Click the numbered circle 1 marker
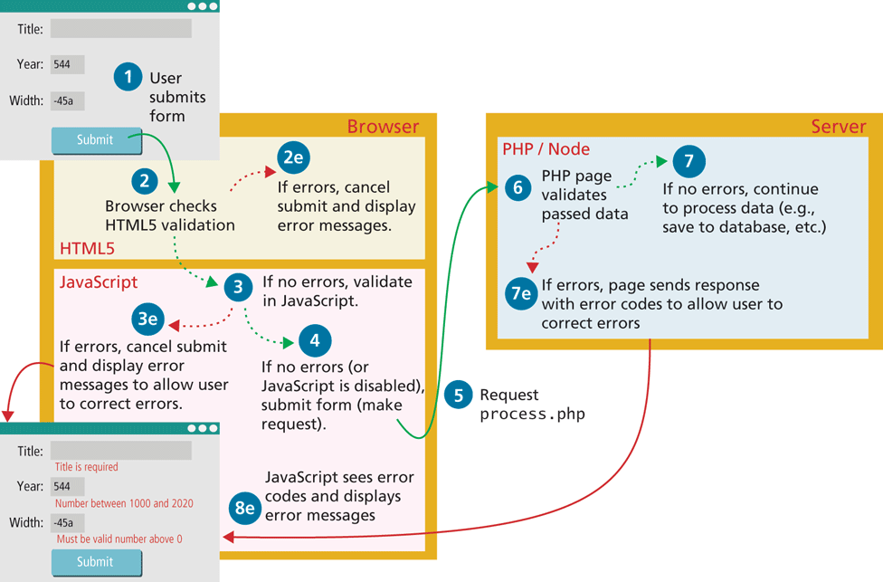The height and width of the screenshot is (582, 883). [x=128, y=77]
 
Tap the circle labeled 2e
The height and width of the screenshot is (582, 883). [x=293, y=157]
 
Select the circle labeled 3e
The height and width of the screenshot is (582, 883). [x=147, y=319]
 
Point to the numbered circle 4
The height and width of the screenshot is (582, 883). [x=314, y=340]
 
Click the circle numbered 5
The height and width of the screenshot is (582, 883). [x=459, y=395]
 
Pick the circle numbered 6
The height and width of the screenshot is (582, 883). [x=517, y=187]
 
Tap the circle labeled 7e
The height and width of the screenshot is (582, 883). [x=521, y=294]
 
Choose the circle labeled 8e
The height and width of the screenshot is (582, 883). [x=244, y=508]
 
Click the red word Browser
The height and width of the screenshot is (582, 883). [x=383, y=127]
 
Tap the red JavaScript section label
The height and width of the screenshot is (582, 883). [x=99, y=282]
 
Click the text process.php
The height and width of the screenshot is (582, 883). [x=532, y=415]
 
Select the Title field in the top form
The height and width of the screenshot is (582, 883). [x=120, y=29]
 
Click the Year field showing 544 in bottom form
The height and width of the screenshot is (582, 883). [x=68, y=486]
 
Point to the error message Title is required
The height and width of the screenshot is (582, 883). [x=87, y=467]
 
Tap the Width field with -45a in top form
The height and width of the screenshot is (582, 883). [x=68, y=100]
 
